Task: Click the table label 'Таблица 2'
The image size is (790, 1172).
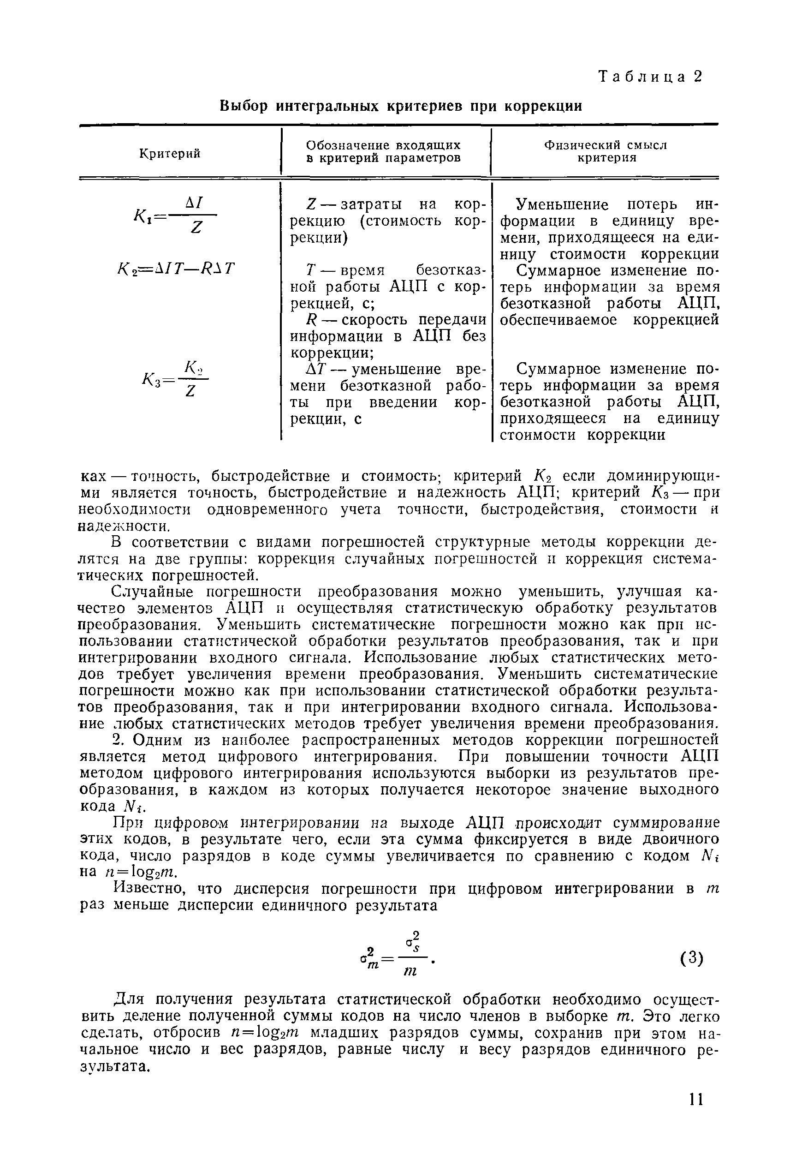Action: click(x=650, y=77)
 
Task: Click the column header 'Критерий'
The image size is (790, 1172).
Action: click(x=170, y=153)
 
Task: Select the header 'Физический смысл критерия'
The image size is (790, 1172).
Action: click(x=606, y=151)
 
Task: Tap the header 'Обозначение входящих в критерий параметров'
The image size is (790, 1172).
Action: click(x=383, y=151)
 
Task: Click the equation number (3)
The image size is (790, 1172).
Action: click(x=691, y=958)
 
